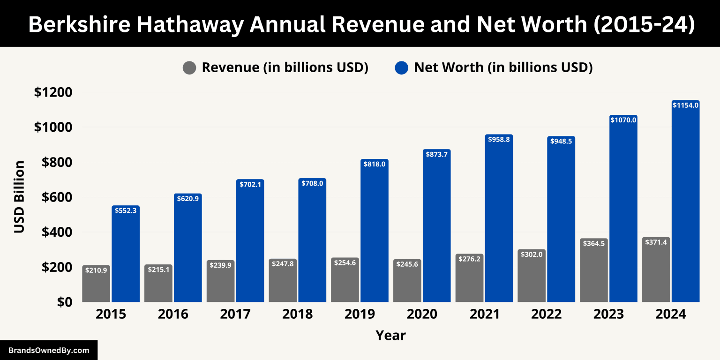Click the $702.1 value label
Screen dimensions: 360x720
(x=250, y=185)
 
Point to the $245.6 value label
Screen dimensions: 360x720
(x=407, y=264)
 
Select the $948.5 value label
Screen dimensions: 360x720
(x=561, y=142)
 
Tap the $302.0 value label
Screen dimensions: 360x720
(x=532, y=254)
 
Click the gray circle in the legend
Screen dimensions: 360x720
(x=189, y=68)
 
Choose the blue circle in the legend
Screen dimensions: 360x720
(x=402, y=68)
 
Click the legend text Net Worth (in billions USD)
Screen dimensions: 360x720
(x=503, y=67)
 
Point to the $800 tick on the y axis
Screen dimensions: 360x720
(x=57, y=162)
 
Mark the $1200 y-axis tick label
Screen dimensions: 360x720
(x=53, y=92)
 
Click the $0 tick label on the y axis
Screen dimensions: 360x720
(x=65, y=302)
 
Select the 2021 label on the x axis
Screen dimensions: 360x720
(x=484, y=314)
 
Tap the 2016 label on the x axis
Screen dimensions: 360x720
(x=173, y=314)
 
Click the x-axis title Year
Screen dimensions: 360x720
(x=390, y=336)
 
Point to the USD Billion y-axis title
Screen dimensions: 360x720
(x=19, y=197)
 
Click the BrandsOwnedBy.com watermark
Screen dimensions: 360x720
(x=49, y=350)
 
